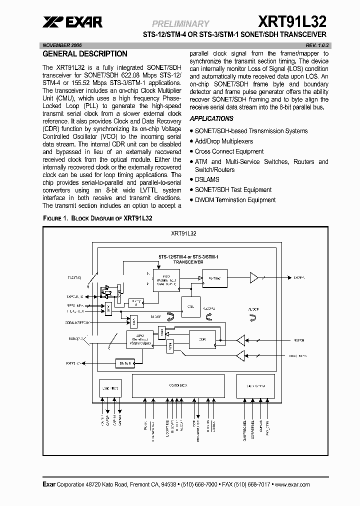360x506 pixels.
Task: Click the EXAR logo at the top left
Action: point(72,21)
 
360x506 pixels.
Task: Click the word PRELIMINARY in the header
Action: point(180,23)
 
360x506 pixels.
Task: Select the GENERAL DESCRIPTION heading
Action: point(85,54)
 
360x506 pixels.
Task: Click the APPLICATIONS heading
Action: point(211,118)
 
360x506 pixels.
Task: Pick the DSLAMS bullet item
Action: point(207,179)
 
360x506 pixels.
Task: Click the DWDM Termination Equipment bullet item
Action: point(235,199)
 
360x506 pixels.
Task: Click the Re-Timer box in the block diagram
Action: point(214,276)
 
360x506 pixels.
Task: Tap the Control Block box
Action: point(178,385)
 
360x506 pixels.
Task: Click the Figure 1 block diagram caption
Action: point(97,218)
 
